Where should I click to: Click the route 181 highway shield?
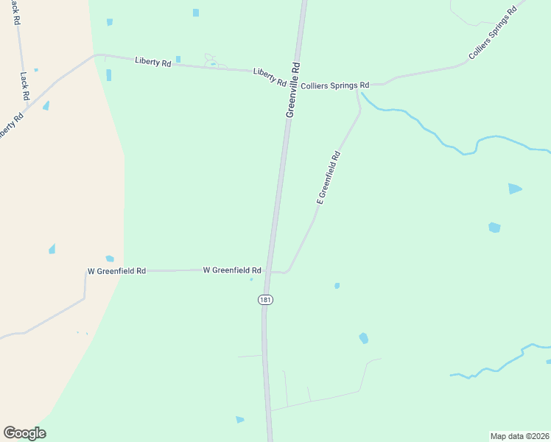point(265,300)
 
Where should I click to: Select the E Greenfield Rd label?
point(329,178)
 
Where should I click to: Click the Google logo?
point(24,433)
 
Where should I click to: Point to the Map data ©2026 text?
point(520,435)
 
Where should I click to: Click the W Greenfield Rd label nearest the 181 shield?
point(232,270)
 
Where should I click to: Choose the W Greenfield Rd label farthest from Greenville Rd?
point(116,271)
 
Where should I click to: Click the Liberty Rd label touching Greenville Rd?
point(270,77)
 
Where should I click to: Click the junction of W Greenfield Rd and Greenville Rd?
point(270,271)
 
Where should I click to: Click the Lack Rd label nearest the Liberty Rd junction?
point(24,86)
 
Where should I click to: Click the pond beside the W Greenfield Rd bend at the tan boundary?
point(110,259)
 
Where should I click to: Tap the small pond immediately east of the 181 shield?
point(337,286)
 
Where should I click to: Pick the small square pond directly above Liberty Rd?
point(178,59)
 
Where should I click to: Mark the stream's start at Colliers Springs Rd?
point(362,93)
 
